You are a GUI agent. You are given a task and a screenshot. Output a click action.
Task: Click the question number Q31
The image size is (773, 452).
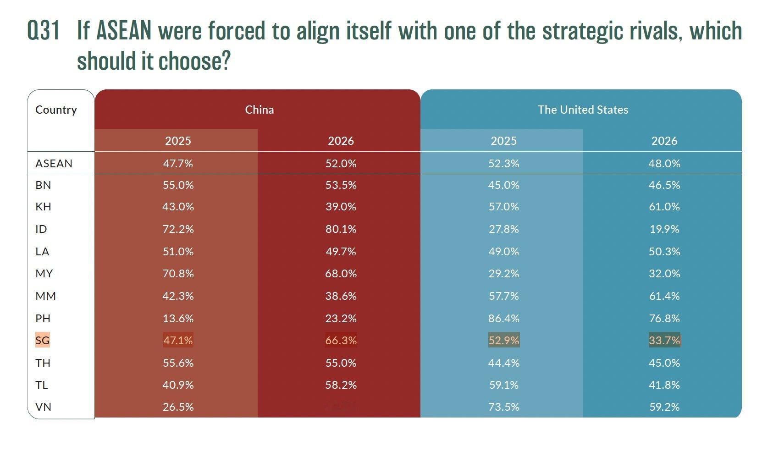tap(44, 31)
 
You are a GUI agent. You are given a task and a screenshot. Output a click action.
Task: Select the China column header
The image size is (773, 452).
tap(259, 110)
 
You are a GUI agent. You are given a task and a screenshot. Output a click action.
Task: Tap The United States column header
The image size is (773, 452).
tap(583, 110)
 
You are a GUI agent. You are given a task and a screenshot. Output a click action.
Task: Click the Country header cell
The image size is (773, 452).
tap(56, 110)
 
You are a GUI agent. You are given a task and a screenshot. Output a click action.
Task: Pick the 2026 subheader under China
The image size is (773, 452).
tap(341, 141)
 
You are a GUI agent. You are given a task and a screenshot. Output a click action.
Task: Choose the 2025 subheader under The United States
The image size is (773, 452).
tap(503, 141)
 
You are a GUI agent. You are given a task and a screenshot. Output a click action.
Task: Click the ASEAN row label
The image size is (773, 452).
tap(54, 163)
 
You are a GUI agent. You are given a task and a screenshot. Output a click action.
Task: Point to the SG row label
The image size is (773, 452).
tap(42, 340)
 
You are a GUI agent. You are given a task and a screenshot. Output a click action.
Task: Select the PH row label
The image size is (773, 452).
tap(43, 318)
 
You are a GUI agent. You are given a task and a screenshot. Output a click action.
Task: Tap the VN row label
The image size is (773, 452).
tap(43, 407)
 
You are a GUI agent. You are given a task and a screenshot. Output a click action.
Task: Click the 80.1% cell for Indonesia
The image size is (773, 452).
tap(341, 229)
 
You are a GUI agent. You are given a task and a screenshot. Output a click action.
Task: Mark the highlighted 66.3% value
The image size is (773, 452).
tap(341, 340)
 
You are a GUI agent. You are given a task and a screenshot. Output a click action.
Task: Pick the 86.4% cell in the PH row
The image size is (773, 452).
tap(503, 318)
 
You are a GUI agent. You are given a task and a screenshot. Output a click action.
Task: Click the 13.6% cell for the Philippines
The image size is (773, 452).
tap(178, 318)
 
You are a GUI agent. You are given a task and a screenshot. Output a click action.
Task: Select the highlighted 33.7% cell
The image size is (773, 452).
tap(664, 340)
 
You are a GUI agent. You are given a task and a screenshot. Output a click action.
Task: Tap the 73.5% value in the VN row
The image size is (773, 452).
tap(503, 407)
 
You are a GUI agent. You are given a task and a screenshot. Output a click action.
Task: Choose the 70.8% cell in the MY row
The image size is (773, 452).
tap(178, 273)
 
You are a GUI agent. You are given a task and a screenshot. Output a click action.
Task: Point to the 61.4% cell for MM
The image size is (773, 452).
tap(664, 296)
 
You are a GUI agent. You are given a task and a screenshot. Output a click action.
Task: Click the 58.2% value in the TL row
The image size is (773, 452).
tap(341, 385)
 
